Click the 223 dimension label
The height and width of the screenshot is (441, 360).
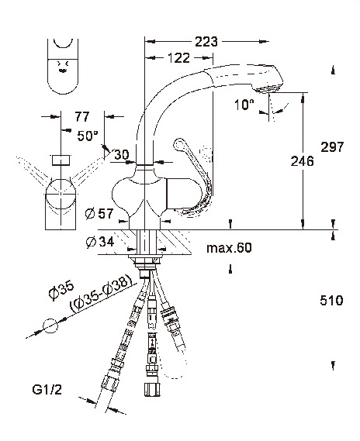[x=206, y=42]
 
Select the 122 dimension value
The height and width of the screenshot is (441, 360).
[x=178, y=58]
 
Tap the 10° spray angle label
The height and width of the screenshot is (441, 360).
[x=244, y=105]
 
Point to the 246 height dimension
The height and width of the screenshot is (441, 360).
[x=302, y=161]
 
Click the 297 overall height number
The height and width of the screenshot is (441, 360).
[x=332, y=146]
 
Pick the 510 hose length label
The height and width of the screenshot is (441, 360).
[x=331, y=301]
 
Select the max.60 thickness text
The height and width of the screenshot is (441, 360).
[x=229, y=248]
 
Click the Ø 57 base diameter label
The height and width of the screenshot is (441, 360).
[x=99, y=214]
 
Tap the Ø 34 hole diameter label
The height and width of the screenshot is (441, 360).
[x=100, y=242]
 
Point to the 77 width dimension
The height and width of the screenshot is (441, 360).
[x=82, y=116]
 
